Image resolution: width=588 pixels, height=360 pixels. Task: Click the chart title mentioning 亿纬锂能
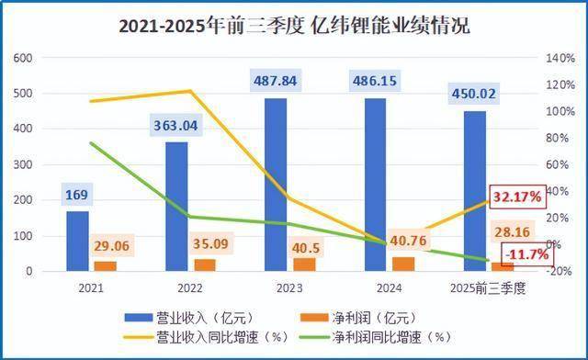294,26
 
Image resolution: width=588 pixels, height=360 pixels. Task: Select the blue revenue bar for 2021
77,241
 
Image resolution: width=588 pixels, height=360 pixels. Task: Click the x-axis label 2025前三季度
489,288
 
